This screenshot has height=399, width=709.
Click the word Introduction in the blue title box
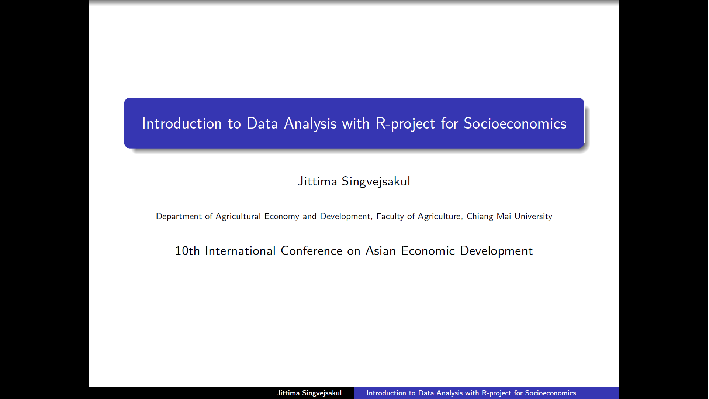coord(181,123)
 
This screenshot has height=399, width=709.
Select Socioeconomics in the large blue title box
coord(515,123)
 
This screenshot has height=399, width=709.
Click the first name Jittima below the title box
coord(317,181)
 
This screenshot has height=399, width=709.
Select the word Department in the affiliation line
coord(179,216)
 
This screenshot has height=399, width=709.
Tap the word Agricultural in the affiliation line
coord(238,216)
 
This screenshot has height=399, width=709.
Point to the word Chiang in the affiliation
coord(480,216)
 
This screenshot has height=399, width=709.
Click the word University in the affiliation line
coord(533,216)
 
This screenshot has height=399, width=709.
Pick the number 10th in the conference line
coord(187,251)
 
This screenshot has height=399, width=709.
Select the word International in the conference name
coord(240,251)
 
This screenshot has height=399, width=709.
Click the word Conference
coord(311,251)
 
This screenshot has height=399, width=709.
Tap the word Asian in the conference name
coord(380,251)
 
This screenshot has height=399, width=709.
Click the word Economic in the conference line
coord(428,251)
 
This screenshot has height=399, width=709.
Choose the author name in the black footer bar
coord(309,393)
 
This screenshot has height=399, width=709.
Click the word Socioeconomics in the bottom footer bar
coord(550,393)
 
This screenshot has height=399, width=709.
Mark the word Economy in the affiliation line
coord(282,216)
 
